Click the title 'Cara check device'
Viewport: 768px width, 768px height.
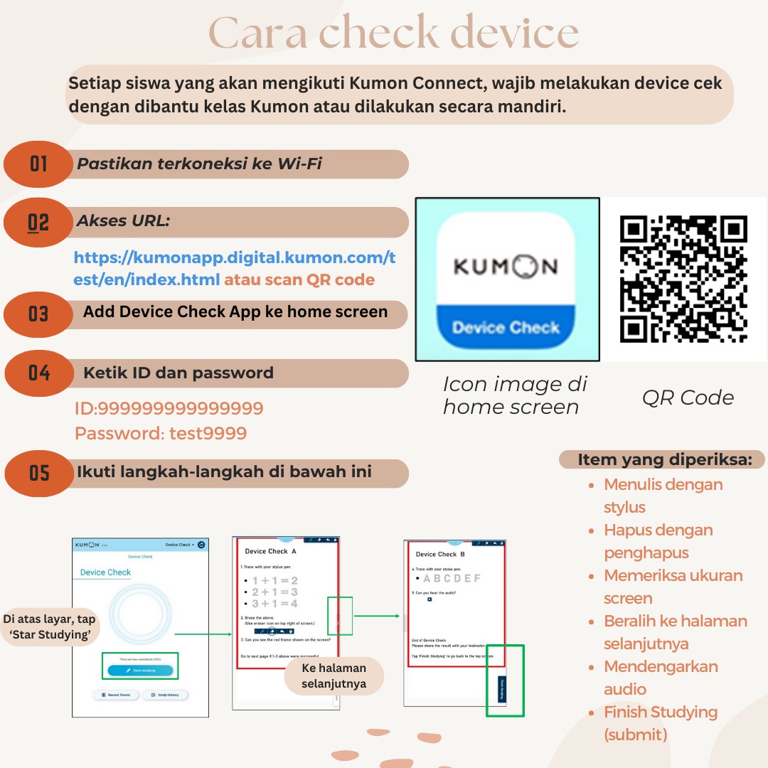[393, 33]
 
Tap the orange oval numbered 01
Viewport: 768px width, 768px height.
[38, 164]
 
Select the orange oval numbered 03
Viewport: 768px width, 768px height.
[38, 314]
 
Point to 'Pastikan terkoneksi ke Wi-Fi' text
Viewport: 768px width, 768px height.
[199, 164]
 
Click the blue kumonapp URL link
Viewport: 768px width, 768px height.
[234, 267]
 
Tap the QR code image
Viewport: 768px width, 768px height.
[683, 279]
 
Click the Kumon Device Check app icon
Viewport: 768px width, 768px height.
[506, 279]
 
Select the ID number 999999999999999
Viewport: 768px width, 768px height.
[169, 408]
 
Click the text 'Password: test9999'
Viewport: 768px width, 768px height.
[161, 433]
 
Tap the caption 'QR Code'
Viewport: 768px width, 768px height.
[687, 398]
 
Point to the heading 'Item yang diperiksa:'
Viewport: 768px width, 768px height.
[664, 459]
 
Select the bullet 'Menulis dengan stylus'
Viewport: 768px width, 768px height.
[653, 496]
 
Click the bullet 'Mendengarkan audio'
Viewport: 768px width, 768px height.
[651, 678]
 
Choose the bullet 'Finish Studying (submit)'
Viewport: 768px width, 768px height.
[660, 723]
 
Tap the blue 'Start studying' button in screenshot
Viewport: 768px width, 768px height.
[140, 670]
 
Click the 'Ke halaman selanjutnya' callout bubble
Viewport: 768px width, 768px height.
[334, 676]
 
